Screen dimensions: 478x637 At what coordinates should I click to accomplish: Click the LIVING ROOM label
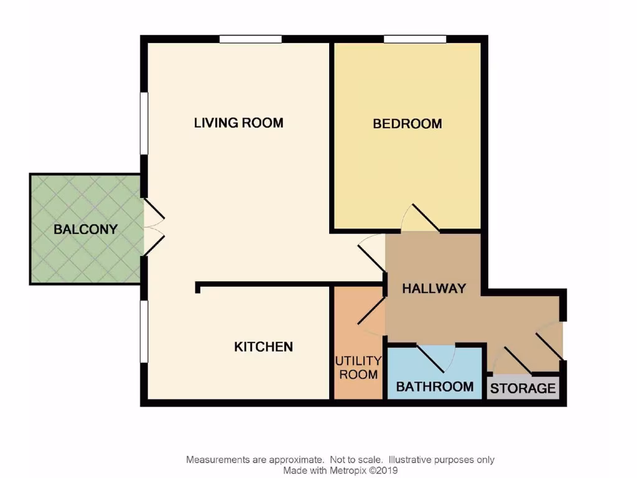pos(238,123)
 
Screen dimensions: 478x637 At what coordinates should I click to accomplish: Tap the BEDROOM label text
pos(407,124)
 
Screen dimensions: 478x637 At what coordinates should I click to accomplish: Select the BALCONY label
pos(85,229)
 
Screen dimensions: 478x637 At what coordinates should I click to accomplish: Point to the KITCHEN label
pos(263,347)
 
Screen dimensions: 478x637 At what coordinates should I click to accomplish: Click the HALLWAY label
pos(434,289)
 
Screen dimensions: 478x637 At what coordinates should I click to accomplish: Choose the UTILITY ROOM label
pos(358,368)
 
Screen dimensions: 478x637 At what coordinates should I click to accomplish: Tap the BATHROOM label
pos(434,387)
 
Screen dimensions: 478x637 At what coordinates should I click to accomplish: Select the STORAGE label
pos(523,389)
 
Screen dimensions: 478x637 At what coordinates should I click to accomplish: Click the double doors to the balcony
pos(152,227)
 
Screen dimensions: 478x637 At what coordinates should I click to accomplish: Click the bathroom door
pos(435,355)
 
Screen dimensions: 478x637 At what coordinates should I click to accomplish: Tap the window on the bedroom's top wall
pos(415,39)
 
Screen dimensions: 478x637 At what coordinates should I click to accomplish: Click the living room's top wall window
pos(250,39)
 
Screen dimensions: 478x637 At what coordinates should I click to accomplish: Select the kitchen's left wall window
pos(144,330)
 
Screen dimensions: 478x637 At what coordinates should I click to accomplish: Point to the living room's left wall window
pos(144,123)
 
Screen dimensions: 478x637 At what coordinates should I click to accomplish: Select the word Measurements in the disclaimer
pos(217,460)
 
